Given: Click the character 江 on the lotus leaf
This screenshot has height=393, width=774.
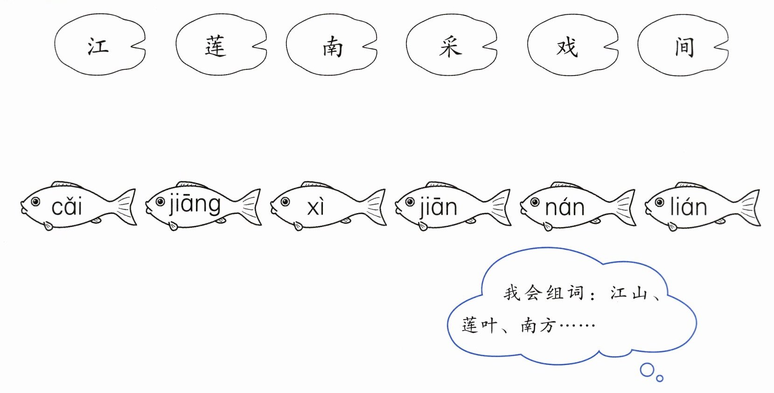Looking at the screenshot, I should tap(98, 47).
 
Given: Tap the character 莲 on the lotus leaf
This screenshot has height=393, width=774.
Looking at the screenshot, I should tap(216, 47).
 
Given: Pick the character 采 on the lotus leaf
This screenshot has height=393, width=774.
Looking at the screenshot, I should tap(450, 47).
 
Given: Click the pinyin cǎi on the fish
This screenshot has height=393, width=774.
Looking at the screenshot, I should tap(67, 207).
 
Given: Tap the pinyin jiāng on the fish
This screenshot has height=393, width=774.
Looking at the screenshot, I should tap(195, 205).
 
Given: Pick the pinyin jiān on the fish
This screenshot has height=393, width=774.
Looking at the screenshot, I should tap(438, 207).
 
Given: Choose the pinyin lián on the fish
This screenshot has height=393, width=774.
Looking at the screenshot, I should tap(689, 207).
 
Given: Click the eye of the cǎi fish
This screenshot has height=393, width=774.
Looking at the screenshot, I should tap(35, 202).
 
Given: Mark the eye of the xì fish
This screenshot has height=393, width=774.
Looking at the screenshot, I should tap(285, 202).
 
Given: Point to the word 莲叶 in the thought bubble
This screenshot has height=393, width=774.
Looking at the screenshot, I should tap(479, 325).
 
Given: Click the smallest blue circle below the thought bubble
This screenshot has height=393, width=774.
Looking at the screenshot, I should tap(660, 379).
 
